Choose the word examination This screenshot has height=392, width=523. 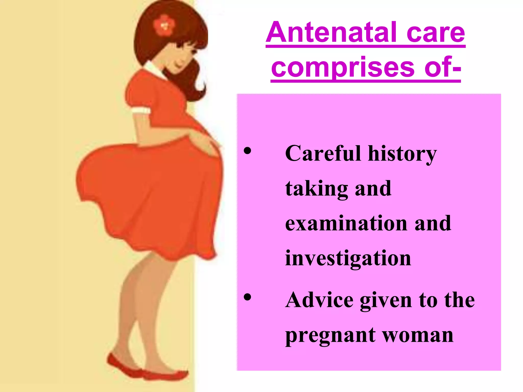tap(346, 223)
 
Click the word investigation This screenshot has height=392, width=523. tap(348, 258)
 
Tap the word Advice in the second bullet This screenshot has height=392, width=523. tap(319, 300)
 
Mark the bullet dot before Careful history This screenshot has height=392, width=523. tap(247, 151)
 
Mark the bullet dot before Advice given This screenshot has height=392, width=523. tap(247, 297)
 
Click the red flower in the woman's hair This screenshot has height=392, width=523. tap(164, 25)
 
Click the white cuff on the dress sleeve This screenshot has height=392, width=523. tap(141, 111)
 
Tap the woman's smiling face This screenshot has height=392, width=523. tap(183, 57)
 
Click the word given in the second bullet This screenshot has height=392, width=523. tap(386, 301)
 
